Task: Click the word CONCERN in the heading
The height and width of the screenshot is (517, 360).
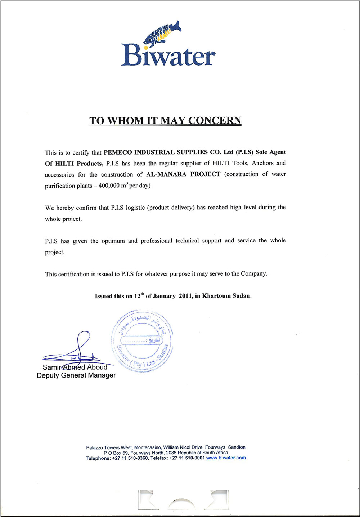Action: pos(215,120)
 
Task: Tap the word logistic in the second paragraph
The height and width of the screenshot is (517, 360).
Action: pos(135,208)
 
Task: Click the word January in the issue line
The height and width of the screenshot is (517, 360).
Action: pos(164,296)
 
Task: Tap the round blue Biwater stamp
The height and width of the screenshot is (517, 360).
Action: pos(142,341)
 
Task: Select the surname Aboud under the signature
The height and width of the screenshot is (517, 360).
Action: pos(97,367)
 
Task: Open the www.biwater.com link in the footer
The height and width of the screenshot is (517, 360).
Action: pos(226,458)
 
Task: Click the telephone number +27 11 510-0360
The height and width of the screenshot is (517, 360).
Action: pos(130,458)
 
